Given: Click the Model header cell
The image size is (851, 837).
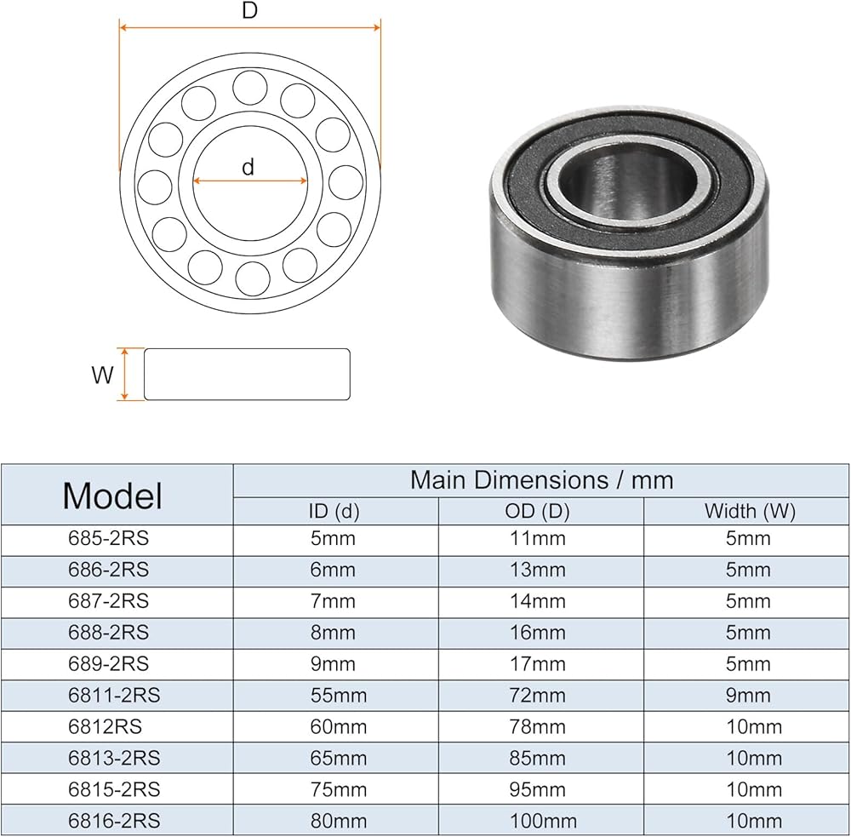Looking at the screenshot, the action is pyautogui.click(x=112, y=496).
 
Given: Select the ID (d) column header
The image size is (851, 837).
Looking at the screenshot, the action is pyautogui.click(x=334, y=511).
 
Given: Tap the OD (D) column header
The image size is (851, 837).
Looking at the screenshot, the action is pyautogui.click(x=537, y=511).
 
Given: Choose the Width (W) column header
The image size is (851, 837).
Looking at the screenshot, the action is pyautogui.click(x=750, y=511).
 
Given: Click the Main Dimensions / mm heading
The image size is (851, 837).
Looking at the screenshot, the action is pyautogui.click(x=541, y=480).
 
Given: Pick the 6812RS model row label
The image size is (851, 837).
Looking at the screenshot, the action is pyautogui.click(x=105, y=727).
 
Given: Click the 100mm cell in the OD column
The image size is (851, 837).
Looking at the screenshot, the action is pyautogui.click(x=543, y=821).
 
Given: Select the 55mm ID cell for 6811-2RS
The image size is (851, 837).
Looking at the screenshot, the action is pyautogui.click(x=338, y=696).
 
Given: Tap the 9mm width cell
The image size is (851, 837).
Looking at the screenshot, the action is pyautogui.click(x=748, y=696).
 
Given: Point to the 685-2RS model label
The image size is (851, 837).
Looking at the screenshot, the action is pyautogui.click(x=108, y=538).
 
